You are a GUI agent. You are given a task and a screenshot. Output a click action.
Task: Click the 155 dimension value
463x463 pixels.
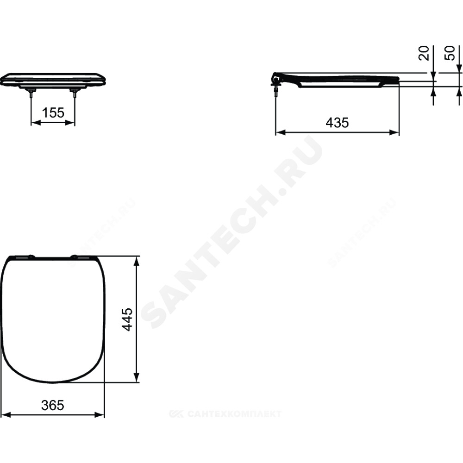[53, 113]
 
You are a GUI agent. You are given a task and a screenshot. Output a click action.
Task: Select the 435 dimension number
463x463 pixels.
[337, 122]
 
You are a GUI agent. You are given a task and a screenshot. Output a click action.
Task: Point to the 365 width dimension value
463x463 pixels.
[53, 405]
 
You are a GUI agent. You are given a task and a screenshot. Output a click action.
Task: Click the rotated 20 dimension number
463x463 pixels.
[424, 53]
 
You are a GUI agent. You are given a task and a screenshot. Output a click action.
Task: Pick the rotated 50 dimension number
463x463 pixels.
[450, 53]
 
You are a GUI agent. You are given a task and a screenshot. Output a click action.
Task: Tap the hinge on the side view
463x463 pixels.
[276, 83]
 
